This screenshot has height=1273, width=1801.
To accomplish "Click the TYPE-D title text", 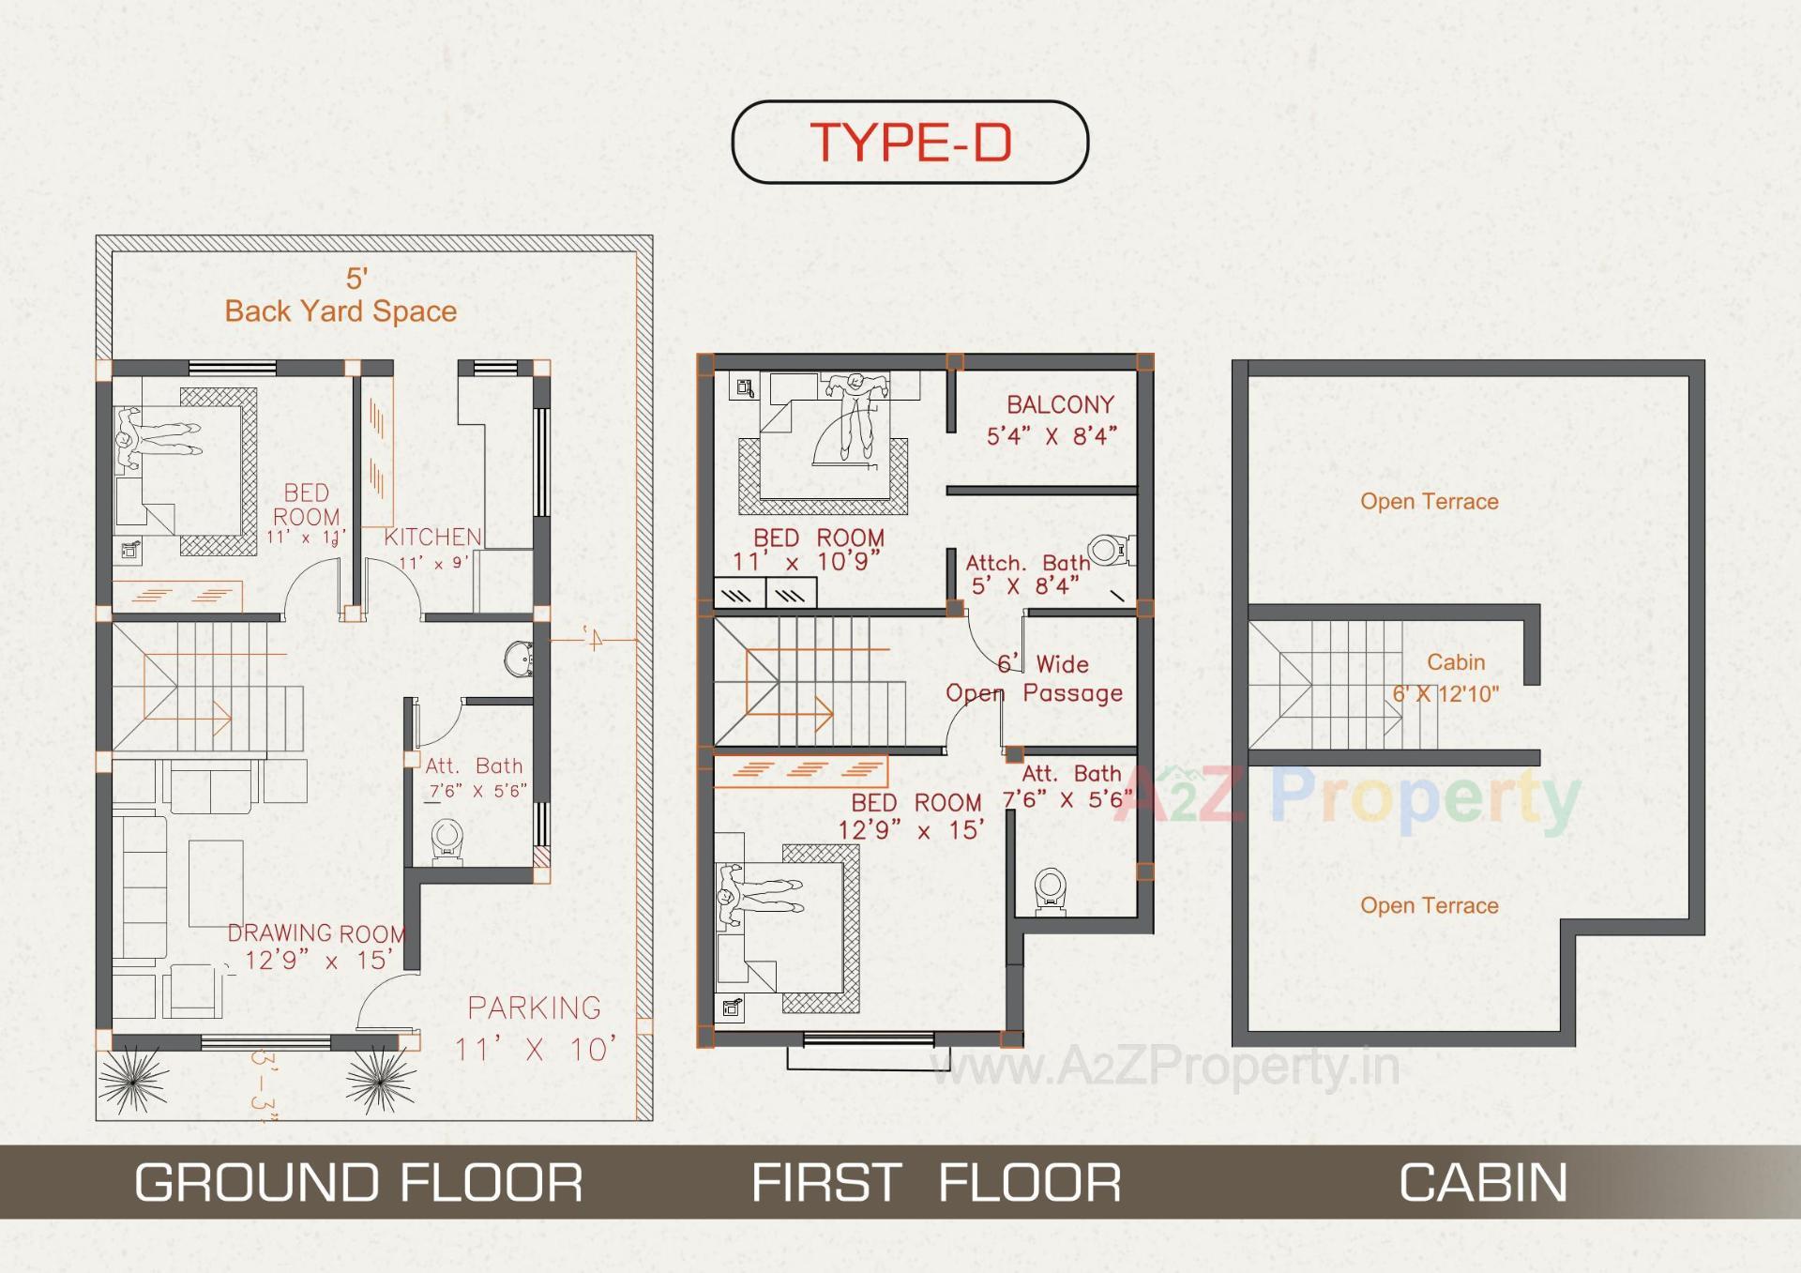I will (x=910, y=143).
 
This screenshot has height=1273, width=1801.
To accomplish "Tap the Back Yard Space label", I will (x=341, y=311).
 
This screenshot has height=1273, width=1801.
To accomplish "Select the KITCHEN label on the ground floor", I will (x=432, y=538).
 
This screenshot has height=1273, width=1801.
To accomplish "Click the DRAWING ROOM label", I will (x=317, y=934).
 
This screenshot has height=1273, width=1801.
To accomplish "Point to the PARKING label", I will (x=535, y=1008).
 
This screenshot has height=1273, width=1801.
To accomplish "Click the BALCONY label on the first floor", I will (x=1060, y=405).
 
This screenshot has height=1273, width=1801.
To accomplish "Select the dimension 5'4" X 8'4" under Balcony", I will (x=1052, y=436).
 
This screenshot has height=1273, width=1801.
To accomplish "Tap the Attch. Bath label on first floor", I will (x=1028, y=563).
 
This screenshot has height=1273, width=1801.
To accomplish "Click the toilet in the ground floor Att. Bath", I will (x=446, y=839).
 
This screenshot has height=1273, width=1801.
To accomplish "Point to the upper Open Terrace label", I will (x=1429, y=502).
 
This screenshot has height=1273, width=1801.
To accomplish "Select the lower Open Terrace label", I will (x=1429, y=906).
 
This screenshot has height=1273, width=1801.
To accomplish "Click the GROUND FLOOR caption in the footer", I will (x=358, y=1182).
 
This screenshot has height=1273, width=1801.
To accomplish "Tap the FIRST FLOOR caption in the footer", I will (x=936, y=1182).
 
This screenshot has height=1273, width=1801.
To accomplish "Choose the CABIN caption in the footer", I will (x=1483, y=1182).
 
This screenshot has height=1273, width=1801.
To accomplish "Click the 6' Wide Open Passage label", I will (x=1035, y=679).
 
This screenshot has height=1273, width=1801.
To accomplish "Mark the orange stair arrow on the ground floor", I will (x=188, y=720).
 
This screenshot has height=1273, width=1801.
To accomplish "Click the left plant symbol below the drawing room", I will (x=132, y=1082).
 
